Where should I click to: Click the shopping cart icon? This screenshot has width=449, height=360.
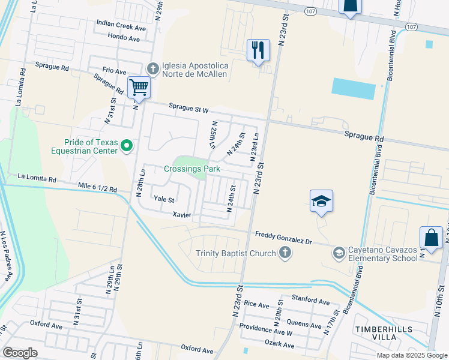click(139, 88)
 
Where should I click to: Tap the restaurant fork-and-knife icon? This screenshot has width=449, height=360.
click(258, 50)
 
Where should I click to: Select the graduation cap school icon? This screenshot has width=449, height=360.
click(321, 201)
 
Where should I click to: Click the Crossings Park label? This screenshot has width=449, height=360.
click(192, 169)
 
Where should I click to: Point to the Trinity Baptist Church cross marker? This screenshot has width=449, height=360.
click(285, 253)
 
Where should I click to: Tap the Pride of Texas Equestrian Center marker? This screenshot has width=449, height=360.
click(127, 146)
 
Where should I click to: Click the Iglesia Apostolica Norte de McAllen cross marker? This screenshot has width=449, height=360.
click(152, 68)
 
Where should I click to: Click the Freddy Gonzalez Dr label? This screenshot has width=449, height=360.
click(283, 238)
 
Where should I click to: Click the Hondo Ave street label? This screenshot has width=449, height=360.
click(124, 38)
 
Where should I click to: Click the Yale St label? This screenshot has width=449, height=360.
click(163, 199)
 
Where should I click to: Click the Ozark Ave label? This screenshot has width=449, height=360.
click(279, 345)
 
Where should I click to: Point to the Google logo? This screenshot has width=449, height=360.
click(20, 353)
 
